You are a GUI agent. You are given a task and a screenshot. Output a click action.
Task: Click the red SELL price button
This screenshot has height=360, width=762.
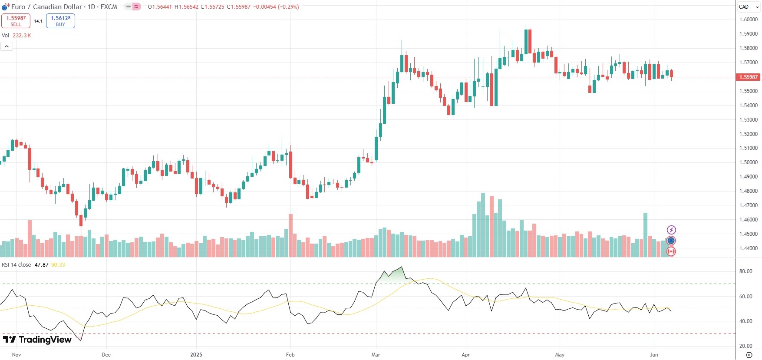[x=16, y=21]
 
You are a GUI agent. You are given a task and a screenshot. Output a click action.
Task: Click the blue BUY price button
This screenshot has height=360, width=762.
[x=60, y=21]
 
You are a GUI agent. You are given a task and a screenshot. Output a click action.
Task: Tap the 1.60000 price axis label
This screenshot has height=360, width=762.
[x=749, y=20]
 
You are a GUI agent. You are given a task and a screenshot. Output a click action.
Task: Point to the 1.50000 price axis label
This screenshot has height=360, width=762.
[x=749, y=162]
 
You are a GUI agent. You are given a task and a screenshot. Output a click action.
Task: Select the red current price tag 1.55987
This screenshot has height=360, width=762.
[x=748, y=77]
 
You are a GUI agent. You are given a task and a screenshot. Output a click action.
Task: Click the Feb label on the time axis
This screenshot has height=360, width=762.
[x=290, y=355]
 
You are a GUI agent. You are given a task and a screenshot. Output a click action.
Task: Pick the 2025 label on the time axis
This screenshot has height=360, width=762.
[x=196, y=355]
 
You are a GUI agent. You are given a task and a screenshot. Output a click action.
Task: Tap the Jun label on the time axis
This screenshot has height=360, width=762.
[x=654, y=355]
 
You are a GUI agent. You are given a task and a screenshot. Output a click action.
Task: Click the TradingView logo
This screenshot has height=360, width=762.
[x=37, y=340]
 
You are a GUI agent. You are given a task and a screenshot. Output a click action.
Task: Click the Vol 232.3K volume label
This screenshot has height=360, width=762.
[x=16, y=36]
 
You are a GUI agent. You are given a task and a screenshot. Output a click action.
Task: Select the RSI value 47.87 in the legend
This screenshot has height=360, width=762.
[x=41, y=265]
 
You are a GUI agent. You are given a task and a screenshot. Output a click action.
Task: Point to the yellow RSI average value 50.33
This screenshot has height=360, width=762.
[x=58, y=265]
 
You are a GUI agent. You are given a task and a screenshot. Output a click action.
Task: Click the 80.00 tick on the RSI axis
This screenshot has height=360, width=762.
[x=746, y=271]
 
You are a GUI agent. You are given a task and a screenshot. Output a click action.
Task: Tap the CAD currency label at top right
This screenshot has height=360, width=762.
[x=744, y=7]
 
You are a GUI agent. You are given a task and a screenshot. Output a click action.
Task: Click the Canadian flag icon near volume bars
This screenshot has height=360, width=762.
[x=671, y=251]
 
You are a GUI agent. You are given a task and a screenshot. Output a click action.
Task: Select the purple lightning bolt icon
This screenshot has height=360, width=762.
[x=671, y=230]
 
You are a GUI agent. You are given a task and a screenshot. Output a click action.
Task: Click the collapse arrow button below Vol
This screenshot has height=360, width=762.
[x=7, y=46]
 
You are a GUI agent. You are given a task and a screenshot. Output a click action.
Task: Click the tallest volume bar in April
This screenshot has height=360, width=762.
[x=483, y=225]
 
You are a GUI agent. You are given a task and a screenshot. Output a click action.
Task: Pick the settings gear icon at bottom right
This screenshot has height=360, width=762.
[x=749, y=355]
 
